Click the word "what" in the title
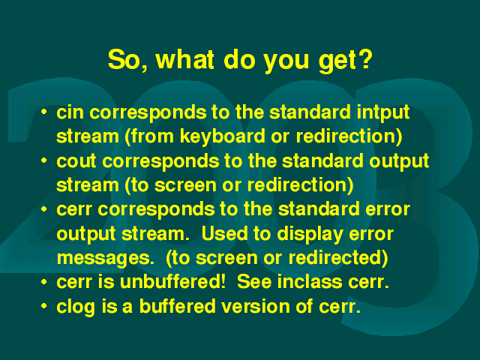pos(184,59)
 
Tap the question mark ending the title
pos(364,59)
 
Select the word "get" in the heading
pos(337,61)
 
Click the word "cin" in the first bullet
pos(70,112)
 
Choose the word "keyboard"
pos(222,136)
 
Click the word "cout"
pos(76,161)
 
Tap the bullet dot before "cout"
pos(44,160)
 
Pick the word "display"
pos(310,235)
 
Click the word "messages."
pos(106,259)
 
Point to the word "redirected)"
pos(338,258)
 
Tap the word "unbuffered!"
pos(172,282)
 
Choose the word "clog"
pos(76,307)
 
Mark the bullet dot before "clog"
pos(44,306)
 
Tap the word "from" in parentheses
pos(150,136)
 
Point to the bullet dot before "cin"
pos(44,112)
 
